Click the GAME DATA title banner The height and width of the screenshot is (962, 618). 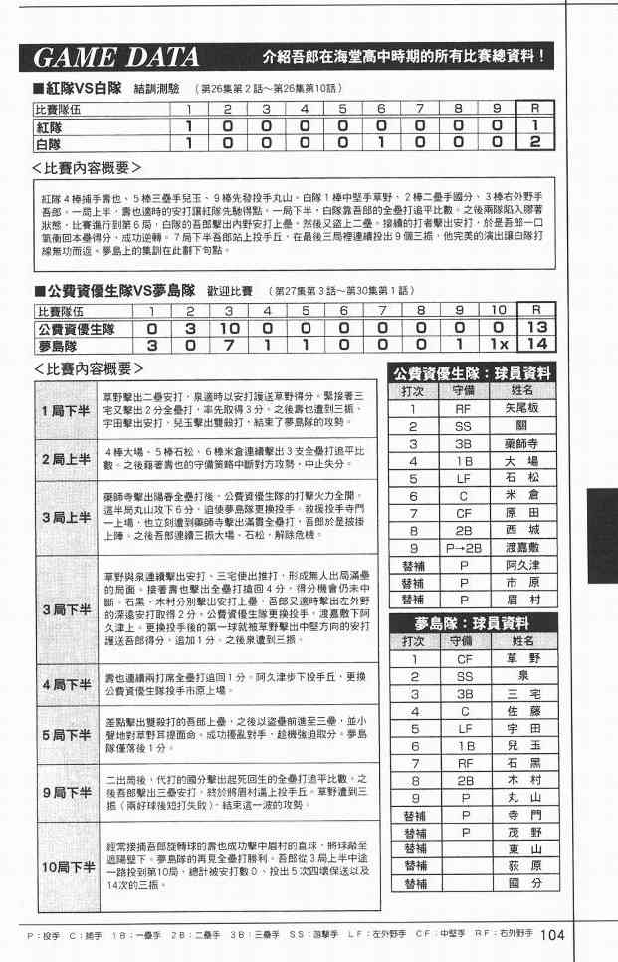[114, 56]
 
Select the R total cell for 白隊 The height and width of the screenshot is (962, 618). [535, 143]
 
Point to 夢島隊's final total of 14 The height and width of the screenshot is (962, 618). [538, 345]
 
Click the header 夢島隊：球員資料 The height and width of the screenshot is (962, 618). [471, 624]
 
